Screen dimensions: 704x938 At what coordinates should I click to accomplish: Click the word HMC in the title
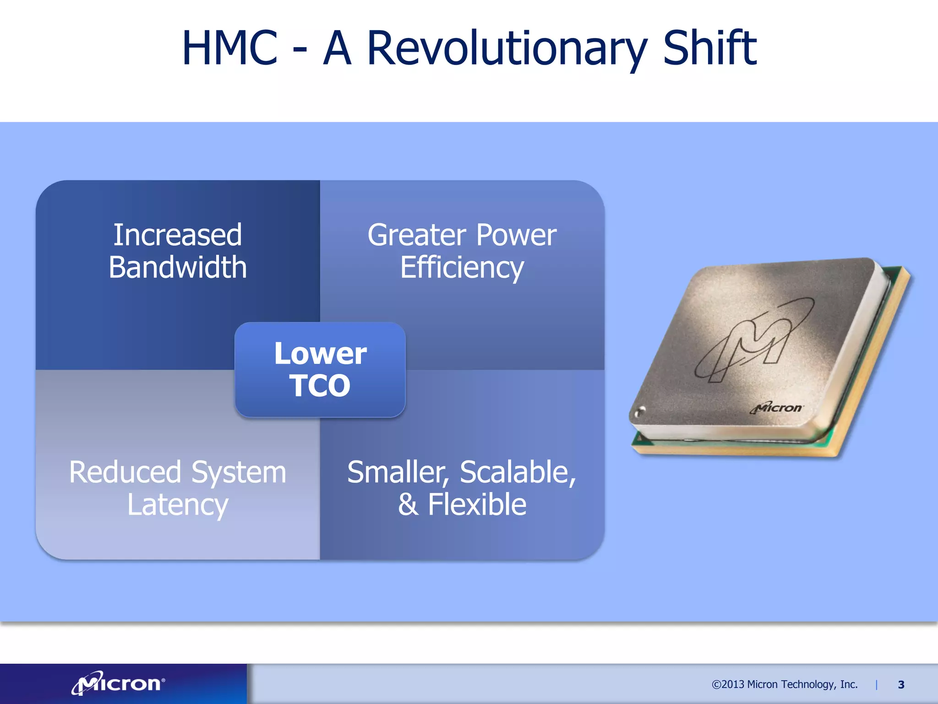(x=229, y=48)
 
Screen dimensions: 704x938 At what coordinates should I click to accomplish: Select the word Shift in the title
(x=709, y=48)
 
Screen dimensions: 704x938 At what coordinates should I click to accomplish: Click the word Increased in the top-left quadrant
(x=178, y=235)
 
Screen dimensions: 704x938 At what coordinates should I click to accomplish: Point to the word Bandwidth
(x=178, y=268)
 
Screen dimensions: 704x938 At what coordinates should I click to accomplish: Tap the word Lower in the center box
(x=320, y=353)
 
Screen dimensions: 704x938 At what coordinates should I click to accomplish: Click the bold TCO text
(x=320, y=385)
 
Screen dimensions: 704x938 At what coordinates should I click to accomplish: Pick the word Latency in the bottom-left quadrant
(x=178, y=505)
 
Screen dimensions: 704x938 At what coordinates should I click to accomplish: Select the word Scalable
(x=517, y=472)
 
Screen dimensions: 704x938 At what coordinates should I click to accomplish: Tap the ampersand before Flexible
(x=408, y=505)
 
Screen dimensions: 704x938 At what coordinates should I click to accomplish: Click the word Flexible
(x=477, y=505)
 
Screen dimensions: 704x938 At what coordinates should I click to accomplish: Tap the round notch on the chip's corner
(x=640, y=411)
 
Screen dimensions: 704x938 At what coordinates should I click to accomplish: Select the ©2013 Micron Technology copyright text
(x=784, y=684)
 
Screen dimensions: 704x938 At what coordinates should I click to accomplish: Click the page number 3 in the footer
(x=901, y=685)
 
